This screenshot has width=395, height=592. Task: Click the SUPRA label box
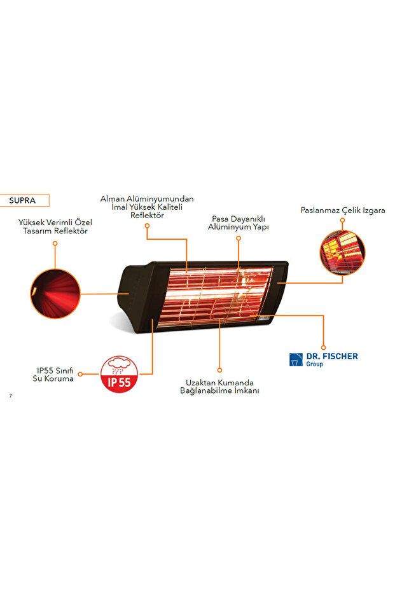point(25,200)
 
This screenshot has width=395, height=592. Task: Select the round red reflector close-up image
point(55,293)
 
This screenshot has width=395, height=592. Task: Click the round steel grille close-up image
point(342,252)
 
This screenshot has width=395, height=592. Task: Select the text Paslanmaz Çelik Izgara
point(342,210)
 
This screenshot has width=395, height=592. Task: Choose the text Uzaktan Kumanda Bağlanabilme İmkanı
point(219,387)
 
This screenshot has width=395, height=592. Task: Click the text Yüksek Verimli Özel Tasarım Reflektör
point(55,227)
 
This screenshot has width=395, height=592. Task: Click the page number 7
point(11,396)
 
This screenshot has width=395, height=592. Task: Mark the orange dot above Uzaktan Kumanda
point(219,369)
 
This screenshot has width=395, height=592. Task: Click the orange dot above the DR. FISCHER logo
point(323,348)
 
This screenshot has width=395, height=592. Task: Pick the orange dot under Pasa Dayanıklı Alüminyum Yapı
point(239,238)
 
